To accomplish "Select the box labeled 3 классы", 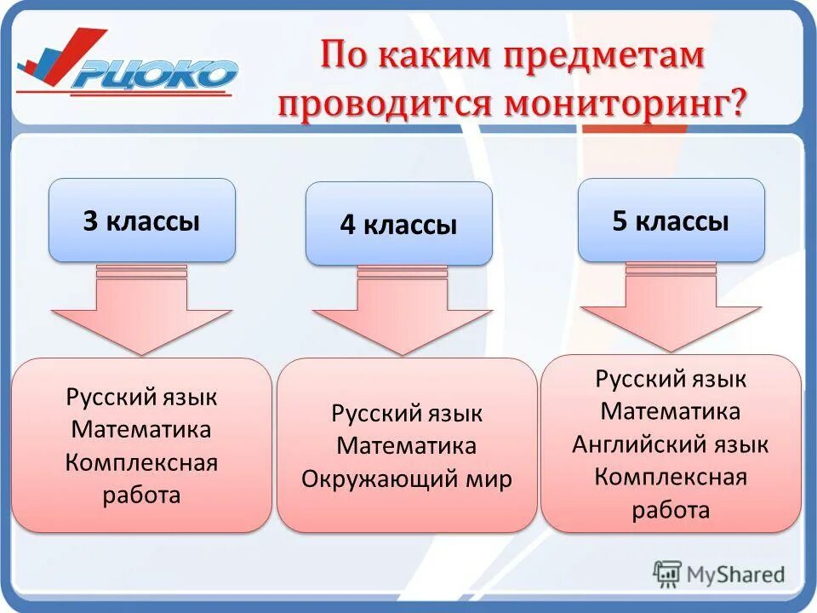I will pyautogui.click(x=141, y=221).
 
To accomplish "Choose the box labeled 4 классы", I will pyautogui.click(x=398, y=224).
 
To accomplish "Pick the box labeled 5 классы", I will pyautogui.click(x=671, y=221).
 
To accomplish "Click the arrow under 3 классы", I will pyautogui.click(x=141, y=311).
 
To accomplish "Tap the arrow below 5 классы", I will pyautogui.click(x=671, y=308).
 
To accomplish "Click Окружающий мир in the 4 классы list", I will pyautogui.click(x=407, y=478).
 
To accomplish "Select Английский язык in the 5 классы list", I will pyautogui.click(x=671, y=444).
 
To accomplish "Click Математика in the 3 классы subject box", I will pyautogui.click(x=141, y=429).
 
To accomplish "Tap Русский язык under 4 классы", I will pyautogui.click(x=407, y=414).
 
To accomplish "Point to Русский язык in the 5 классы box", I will pyautogui.click(x=671, y=379).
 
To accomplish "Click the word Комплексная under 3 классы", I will pyautogui.click(x=141, y=462).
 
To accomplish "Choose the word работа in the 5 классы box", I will pyautogui.click(x=671, y=510).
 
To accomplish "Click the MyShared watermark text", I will pyautogui.click(x=733, y=574).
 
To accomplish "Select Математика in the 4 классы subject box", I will pyautogui.click(x=407, y=446).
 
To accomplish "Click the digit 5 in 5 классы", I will pyautogui.click(x=620, y=221).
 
